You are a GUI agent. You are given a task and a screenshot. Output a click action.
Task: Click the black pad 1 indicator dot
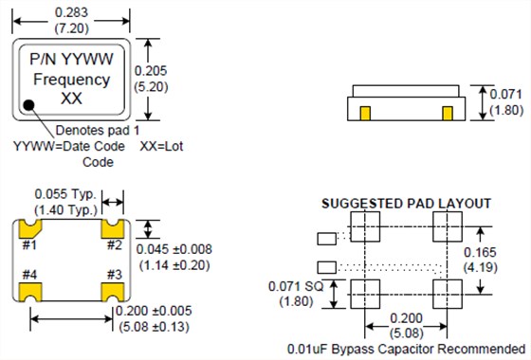(x=29, y=105)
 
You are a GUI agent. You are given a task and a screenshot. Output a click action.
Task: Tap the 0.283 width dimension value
(x=71, y=12)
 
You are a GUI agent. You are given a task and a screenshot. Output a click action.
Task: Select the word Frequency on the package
(x=72, y=80)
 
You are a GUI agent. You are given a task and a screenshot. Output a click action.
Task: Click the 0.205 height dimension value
(x=151, y=71)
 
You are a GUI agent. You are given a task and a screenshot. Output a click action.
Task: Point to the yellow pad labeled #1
(x=29, y=229)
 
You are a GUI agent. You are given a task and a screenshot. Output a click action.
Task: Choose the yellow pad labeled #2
(x=113, y=229)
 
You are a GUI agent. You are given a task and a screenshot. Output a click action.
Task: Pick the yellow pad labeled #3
(x=113, y=292)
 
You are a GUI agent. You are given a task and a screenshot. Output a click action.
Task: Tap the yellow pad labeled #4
(x=29, y=292)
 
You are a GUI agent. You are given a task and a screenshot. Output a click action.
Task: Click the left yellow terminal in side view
(x=365, y=114)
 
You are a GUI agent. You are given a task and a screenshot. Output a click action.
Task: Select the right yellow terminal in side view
(x=448, y=114)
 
